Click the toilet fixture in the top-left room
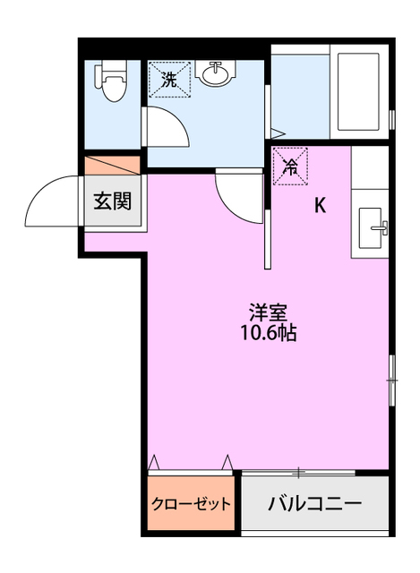click(x=111, y=81)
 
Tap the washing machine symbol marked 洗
click(x=168, y=79)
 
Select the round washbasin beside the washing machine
click(x=216, y=74)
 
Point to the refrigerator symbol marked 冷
click(x=291, y=165)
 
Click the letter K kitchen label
click(x=319, y=206)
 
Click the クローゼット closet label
click(x=191, y=503)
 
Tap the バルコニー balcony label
click(x=315, y=503)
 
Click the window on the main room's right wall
click(x=391, y=381)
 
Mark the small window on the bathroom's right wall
click(x=392, y=118)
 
